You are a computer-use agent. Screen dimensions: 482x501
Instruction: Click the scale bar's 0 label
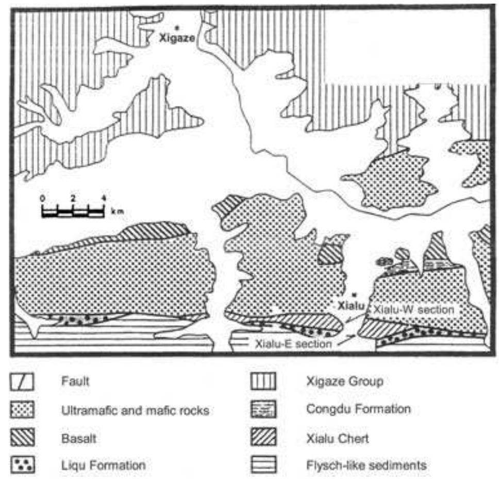click(43, 199)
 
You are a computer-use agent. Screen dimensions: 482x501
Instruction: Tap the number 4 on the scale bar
click(104, 199)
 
